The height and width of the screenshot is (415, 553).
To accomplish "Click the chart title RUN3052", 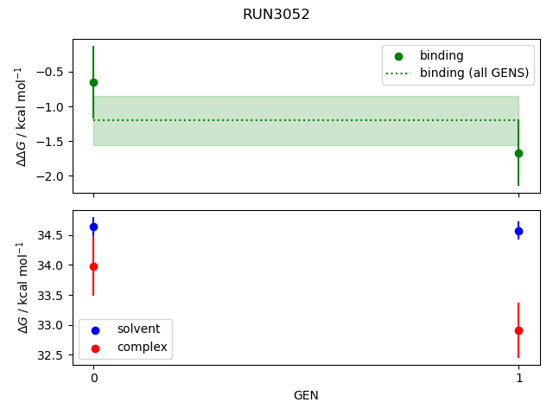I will pyautogui.click(x=276, y=15).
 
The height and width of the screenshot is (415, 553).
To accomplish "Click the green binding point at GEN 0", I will pyautogui.click(x=93, y=82).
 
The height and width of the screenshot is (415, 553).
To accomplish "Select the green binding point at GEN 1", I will pyautogui.click(x=518, y=153).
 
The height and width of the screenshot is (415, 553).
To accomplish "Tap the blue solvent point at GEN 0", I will pyautogui.click(x=93, y=227).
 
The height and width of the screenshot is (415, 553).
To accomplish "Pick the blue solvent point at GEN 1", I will pyautogui.click(x=518, y=231).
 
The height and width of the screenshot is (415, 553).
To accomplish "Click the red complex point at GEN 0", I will pyautogui.click(x=93, y=266).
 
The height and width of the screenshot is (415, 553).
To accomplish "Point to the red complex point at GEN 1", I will pyautogui.click(x=518, y=330).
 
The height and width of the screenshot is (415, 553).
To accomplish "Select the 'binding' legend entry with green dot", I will pyautogui.click(x=442, y=55).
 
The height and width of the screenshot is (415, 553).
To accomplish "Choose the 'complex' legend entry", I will pyautogui.click(x=142, y=347).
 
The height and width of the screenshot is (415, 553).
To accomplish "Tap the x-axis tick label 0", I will pyautogui.click(x=93, y=379).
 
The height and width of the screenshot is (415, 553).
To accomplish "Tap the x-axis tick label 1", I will pyautogui.click(x=518, y=379).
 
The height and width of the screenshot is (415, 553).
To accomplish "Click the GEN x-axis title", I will pyautogui.click(x=306, y=395).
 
